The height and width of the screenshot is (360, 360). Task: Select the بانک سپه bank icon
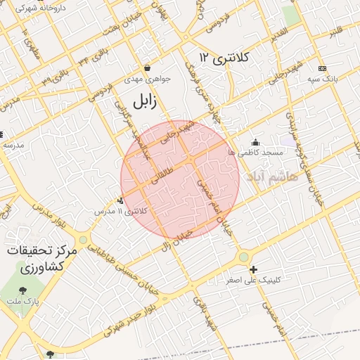(322, 68)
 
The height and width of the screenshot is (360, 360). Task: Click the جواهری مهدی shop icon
(148, 68)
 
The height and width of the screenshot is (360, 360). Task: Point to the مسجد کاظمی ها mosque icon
(255, 143)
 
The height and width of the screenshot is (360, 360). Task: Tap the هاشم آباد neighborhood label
(274, 176)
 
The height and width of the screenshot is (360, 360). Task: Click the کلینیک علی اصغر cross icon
(253, 269)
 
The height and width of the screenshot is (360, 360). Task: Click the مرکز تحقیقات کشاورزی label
(41, 259)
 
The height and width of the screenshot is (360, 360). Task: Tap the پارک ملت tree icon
(23, 289)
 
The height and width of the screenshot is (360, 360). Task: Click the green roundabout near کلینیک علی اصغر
(243, 257)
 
